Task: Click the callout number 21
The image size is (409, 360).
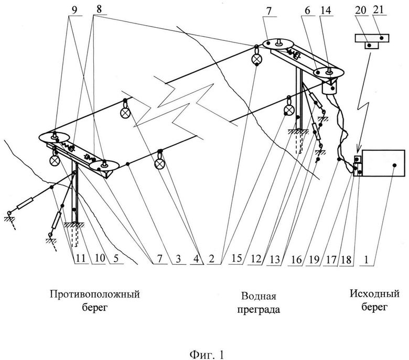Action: pos(378,10)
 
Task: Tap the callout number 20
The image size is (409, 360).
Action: pos(361,10)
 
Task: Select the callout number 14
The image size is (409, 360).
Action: pos(326,10)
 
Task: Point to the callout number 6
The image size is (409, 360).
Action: pos(307,10)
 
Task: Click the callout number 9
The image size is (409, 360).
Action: pos(74,10)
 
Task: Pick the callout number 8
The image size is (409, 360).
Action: pos(99,9)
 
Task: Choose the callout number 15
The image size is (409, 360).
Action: pos(237,258)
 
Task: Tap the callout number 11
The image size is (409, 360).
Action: pos(80,258)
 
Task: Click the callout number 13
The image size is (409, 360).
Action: pos(275,259)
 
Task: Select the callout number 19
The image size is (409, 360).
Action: pos(314,259)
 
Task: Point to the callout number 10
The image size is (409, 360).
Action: pos(100,258)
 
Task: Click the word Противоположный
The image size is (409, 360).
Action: pos(95,294)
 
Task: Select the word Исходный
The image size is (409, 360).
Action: pos(374,294)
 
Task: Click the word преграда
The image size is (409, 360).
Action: pos(257,310)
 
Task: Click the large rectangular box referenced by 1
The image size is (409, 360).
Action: pos(383,163)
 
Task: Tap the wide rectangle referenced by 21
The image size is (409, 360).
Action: pos(372,38)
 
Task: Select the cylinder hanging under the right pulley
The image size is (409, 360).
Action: pos(330,87)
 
